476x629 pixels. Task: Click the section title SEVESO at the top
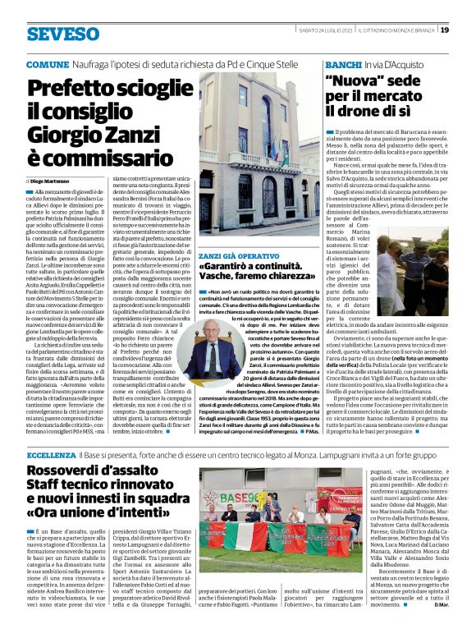tap(62, 34)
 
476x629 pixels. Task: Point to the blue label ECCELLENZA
tap(52, 453)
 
